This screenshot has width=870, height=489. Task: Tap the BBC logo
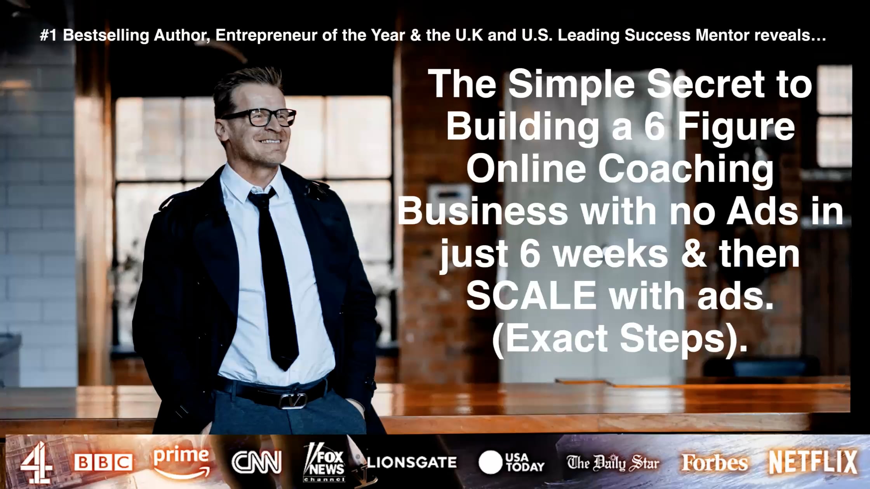coord(103,463)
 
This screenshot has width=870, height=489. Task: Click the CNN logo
coord(256,462)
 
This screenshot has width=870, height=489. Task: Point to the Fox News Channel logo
coord(324,463)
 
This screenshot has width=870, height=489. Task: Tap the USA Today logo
coord(512,462)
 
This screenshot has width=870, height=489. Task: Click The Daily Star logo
coord(613,463)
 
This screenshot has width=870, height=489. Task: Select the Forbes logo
coord(715,463)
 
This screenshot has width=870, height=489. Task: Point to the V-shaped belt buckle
coord(292,400)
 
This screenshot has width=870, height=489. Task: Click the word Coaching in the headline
coord(686,169)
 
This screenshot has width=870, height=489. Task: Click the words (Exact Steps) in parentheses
coord(620,338)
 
